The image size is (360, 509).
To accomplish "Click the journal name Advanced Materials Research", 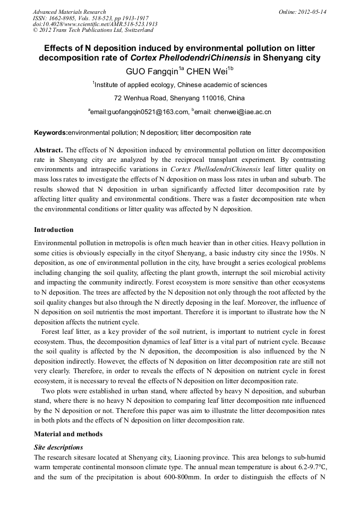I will coord(69,12).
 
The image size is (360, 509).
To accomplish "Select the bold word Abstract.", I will coord(48,150).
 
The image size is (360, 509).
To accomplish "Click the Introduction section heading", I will coord(54,230).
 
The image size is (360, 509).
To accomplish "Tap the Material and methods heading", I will coord(68,434).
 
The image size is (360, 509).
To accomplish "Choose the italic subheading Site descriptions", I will coord(58,447).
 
